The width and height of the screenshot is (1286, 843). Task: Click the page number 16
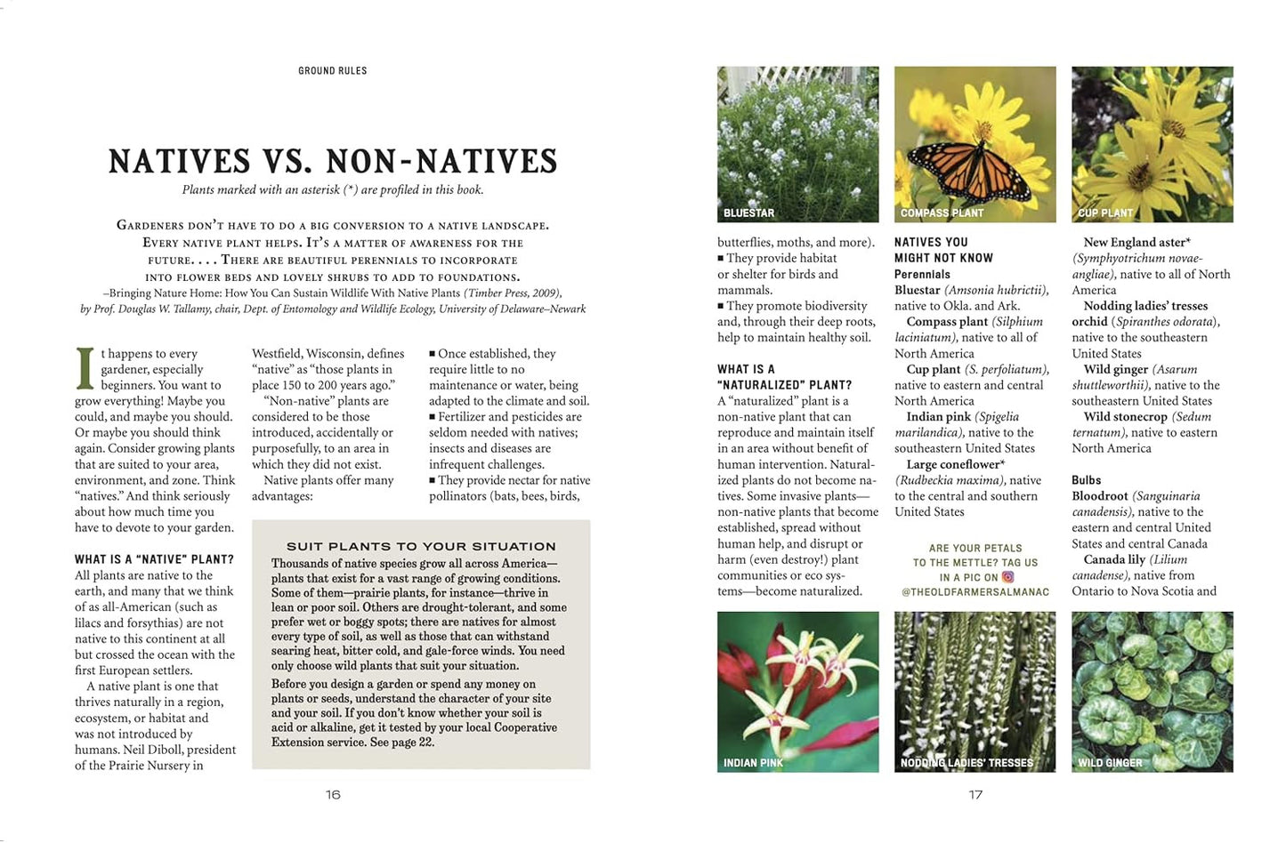click(x=333, y=794)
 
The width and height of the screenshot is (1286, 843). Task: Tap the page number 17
click(x=975, y=794)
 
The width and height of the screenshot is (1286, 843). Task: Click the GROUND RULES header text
click(x=332, y=71)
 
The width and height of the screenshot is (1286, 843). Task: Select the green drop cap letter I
click(x=85, y=368)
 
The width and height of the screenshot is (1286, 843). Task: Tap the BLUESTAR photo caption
click(x=748, y=213)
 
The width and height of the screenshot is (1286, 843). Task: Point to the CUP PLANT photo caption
click(x=1104, y=213)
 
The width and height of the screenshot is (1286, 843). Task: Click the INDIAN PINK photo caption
click(x=753, y=763)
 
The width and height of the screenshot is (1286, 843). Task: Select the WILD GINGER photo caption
click(x=1110, y=763)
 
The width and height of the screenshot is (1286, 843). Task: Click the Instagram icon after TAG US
click(x=1008, y=577)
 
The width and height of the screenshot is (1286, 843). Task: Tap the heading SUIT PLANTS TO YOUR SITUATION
click(x=421, y=546)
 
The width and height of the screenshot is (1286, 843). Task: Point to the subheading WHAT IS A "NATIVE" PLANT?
click(x=154, y=559)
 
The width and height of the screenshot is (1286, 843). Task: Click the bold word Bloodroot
click(x=1099, y=496)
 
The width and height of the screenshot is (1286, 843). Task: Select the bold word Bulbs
click(x=1086, y=480)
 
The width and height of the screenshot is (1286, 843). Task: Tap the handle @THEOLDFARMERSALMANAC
click(x=975, y=592)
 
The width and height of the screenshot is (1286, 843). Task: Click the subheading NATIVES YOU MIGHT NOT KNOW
click(x=943, y=250)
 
